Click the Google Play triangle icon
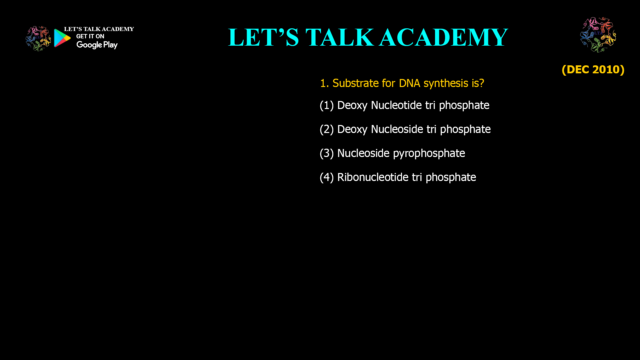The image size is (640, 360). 62,38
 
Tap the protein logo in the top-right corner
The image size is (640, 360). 598,35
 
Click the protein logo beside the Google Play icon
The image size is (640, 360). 38,39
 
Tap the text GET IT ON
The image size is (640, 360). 90,36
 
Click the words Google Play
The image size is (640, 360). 97,45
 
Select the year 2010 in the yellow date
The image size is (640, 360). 606,69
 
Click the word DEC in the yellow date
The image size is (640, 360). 578,69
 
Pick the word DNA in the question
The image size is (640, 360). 409,83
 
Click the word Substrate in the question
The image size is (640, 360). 355,83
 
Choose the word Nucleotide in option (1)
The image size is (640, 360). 396,105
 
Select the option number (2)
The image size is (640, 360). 327,129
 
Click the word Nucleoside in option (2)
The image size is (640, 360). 397,129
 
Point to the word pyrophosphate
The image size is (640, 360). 429,154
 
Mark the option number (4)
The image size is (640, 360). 327,177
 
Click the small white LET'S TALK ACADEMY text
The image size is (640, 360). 99,29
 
